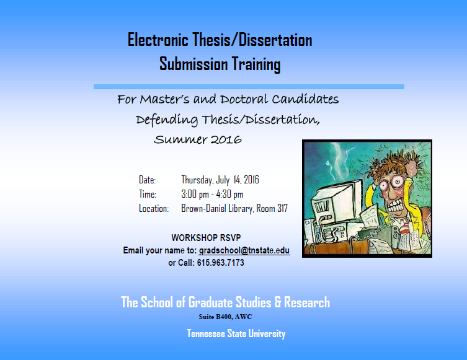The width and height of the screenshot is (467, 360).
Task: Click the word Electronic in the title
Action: (x=158, y=40)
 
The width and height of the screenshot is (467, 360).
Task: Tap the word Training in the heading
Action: (x=256, y=64)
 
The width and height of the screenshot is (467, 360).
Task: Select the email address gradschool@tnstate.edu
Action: (x=244, y=250)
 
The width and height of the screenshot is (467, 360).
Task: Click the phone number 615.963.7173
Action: (x=220, y=263)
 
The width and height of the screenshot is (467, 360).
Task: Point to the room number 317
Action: (x=282, y=208)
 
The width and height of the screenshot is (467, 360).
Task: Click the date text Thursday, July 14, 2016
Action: (x=220, y=180)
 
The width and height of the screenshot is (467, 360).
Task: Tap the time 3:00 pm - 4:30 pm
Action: (x=212, y=195)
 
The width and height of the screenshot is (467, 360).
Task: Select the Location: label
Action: (x=154, y=209)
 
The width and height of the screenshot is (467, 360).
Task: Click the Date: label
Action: (x=147, y=180)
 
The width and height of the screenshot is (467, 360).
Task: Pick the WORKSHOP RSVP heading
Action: (x=206, y=238)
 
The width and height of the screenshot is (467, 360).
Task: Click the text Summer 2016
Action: (x=198, y=139)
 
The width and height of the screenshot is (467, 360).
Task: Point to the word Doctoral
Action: (x=244, y=99)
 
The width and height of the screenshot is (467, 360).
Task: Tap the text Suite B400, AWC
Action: (x=225, y=317)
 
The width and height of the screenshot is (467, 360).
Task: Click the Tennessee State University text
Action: (x=236, y=333)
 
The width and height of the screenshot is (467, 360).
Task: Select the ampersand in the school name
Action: (x=278, y=302)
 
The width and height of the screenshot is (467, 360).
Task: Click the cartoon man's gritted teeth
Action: (x=396, y=205)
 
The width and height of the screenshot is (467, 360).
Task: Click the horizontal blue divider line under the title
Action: (x=249, y=87)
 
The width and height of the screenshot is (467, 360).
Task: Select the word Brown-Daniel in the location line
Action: (x=203, y=208)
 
